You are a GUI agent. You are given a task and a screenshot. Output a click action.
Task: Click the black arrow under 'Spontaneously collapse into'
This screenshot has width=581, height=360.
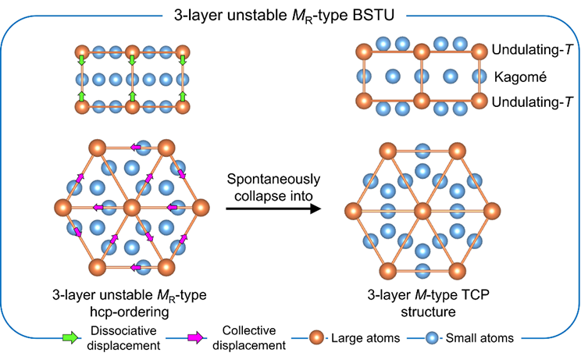point(280,209)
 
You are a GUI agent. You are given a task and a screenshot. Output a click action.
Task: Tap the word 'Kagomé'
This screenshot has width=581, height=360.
point(515,77)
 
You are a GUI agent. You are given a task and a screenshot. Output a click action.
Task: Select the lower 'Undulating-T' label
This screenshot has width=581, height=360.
point(529,102)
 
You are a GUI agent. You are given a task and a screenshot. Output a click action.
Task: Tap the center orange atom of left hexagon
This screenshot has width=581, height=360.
point(130,209)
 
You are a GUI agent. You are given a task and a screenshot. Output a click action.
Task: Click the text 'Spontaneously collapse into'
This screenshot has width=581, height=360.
point(280,180)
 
